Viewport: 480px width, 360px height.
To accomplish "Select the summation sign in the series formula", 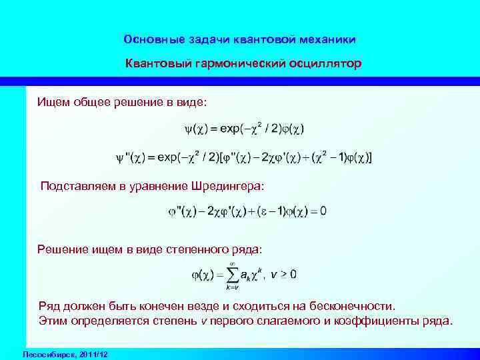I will tap(232, 274).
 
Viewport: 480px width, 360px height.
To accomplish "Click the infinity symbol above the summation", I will tap(232, 263).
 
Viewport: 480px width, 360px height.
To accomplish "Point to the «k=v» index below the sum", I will tap(232, 287).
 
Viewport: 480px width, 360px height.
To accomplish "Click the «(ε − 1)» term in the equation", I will tap(271, 212).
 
